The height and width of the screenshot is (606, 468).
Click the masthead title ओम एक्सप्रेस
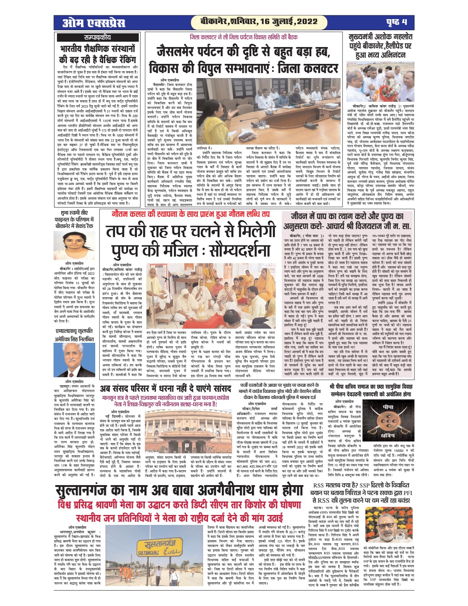[94, 23]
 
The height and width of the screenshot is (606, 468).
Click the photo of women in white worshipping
[190, 293]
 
